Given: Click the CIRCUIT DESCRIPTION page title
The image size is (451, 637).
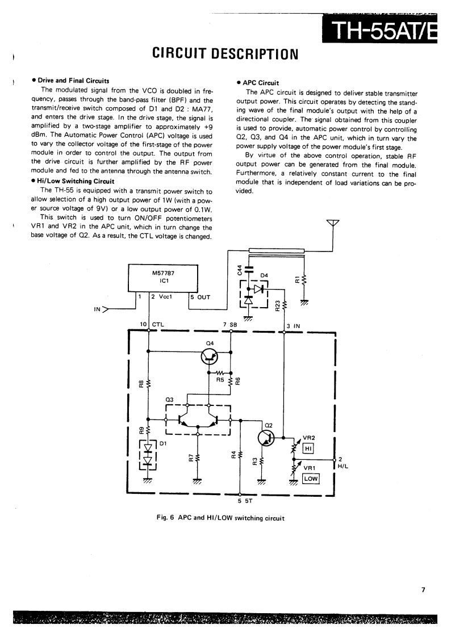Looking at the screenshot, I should click(x=225, y=55).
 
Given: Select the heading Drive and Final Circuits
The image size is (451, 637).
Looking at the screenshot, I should click(x=73, y=81).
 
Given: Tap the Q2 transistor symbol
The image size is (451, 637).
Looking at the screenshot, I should click(x=266, y=438).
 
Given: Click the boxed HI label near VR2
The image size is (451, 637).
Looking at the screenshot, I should click(x=309, y=449).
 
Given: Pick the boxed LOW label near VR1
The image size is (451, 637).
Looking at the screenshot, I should click(x=311, y=479).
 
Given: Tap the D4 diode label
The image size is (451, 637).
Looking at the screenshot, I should click(x=264, y=276).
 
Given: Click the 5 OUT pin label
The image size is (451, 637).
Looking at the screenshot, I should click(x=200, y=296).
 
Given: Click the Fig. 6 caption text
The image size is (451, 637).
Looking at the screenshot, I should click(x=220, y=517).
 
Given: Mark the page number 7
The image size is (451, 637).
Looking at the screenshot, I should click(x=423, y=590).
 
